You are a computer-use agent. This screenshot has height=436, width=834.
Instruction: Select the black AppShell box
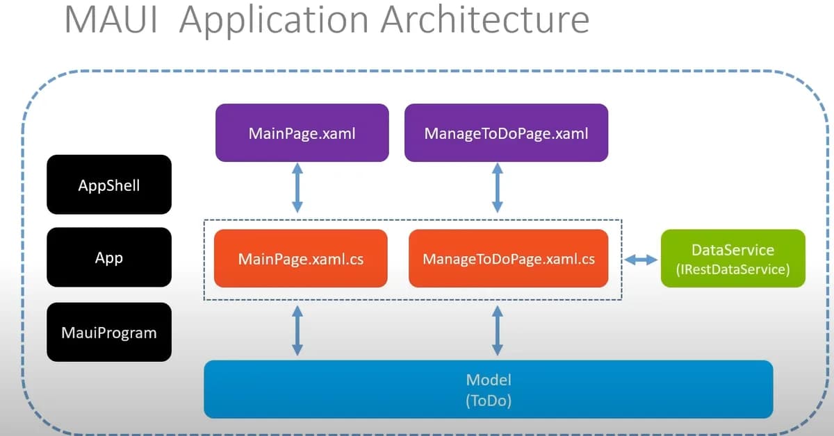click(x=109, y=185)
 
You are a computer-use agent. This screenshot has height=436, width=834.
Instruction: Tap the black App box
click(x=109, y=258)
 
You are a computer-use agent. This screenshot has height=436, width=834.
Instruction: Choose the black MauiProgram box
click(x=109, y=332)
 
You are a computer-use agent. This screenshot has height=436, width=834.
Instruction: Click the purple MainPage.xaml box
click(x=302, y=133)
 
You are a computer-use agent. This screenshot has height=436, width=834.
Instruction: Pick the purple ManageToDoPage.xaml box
click(x=506, y=133)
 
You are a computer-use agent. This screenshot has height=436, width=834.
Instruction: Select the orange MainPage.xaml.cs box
click(x=300, y=258)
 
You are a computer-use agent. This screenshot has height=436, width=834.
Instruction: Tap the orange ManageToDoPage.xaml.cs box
click(x=508, y=258)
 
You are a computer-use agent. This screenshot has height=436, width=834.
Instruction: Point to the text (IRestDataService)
click(x=733, y=269)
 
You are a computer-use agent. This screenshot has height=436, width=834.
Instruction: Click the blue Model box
click(x=488, y=389)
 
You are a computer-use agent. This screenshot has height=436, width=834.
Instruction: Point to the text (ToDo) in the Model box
click(x=488, y=401)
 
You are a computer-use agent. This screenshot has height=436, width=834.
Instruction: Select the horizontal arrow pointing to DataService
click(x=640, y=260)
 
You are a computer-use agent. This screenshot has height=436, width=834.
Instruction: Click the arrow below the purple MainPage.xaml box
click(x=297, y=187)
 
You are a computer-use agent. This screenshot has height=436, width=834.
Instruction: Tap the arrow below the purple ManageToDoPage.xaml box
click(x=498, y=187)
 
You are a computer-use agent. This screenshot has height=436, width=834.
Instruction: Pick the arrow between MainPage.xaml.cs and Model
click(x=297, y=332)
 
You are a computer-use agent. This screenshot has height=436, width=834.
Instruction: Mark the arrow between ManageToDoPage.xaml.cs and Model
click(x=498, y=332)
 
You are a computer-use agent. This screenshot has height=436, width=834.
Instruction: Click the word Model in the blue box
click(x=488, y=380)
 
